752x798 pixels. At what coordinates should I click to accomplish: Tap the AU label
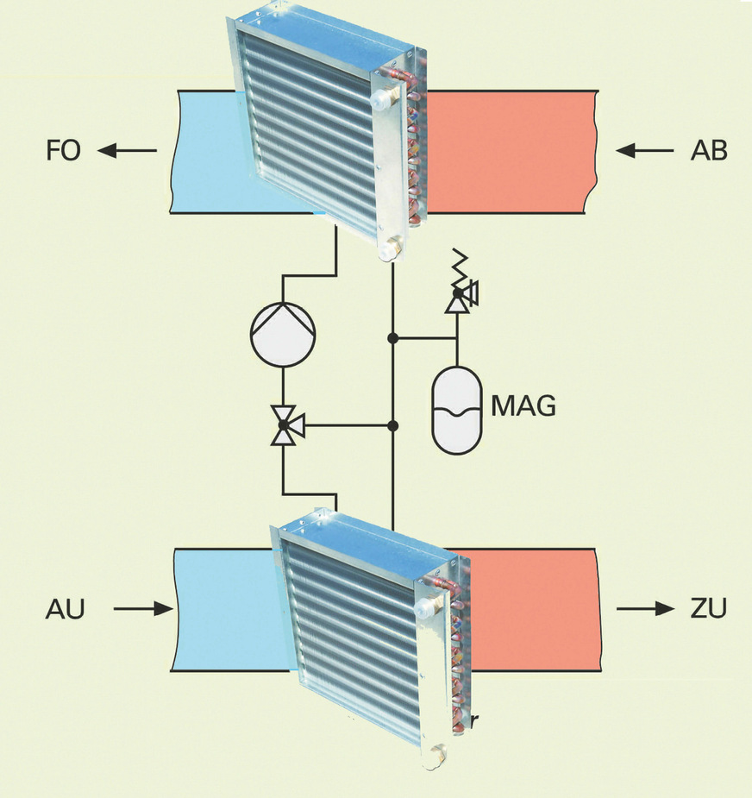click(65, 610)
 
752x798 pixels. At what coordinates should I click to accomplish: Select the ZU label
click(708, 609)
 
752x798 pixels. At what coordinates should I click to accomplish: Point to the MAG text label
click(523, 405)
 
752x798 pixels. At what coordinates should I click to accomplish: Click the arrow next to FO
click(127, 151)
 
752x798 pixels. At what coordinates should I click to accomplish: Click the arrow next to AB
click(645, 151)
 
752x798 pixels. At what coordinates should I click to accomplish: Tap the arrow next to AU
click(142, 609)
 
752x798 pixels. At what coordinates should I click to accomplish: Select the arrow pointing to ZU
click(645, 609)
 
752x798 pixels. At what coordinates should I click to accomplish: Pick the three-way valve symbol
click(283, 425)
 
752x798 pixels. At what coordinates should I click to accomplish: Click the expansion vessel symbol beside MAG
click(457, 410)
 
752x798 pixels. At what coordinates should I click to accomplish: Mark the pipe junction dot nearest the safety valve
click(393, 337)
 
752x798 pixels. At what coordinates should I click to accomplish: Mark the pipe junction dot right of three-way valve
click(393, 425)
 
